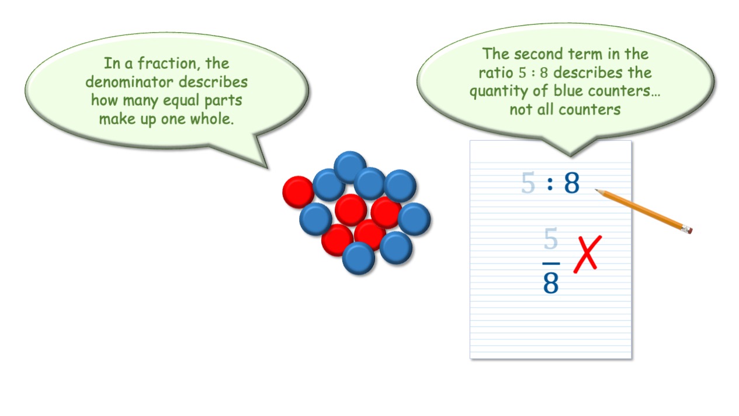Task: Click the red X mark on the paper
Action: tap(587, 254)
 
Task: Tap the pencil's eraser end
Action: tap(688, 229)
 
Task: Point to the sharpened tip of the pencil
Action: tap(596, 190)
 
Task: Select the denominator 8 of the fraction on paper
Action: tap(551, 283)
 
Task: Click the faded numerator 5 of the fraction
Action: tap(551, 238)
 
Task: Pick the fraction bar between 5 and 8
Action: tap(551, 264)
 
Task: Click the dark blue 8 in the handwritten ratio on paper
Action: tap(572, 183)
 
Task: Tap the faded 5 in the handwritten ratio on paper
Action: tap(528, 182)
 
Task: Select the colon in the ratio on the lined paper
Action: tap(550, 183)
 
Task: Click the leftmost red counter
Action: tap(299, 192)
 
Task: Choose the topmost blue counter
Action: tap(350, 167)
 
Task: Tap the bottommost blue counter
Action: tap(359, 258)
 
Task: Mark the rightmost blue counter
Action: tap(414, 219)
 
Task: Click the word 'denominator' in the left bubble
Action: tap(129, 82)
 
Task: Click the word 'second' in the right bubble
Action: tap(539, 54)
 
